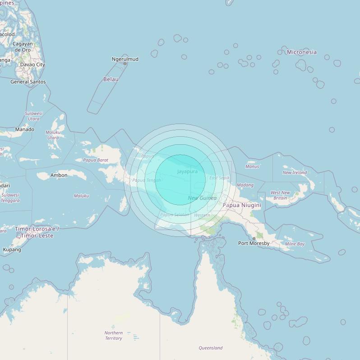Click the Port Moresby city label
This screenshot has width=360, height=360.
pyautogui.click(x=254, y=243)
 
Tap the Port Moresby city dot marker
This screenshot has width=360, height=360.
pyautogui.click(x=254, y=238)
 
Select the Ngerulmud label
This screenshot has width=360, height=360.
pyautogui.click(x=125, y=59)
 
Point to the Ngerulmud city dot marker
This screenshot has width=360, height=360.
pyautogui.click(x=125, y=64)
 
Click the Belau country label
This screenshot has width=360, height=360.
pyautogui.click(x=111, y=79)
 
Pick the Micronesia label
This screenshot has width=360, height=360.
pyautogui.click(x=302, y=52)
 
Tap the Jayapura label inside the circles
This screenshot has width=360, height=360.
pyautogui.click(x=187, y=171)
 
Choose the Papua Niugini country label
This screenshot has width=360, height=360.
pyautogui.click(x=242, y=205)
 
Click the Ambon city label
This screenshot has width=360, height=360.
pyautogui.click(x=59, y=175)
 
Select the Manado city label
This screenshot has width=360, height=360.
pyautogui.click(x=24, y=129)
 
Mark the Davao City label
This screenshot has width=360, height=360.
pyautogui.click(x=32, y=65)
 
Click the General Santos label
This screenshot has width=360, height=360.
pyautogui.click(x=28, y=82)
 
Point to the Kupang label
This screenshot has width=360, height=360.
pyautogui.click(x=12, y=249)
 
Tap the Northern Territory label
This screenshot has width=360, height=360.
pyautogui.click(x=114, y=335)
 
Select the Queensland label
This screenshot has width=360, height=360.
pyautogui.click(x=211, y=348)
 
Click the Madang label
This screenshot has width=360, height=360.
pyautogui.click(x=245, y=185)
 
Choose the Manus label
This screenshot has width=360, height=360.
pyautogui.click(x=252, y=166)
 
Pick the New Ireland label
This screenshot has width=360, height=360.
pyautogui.click(x=295, y=172)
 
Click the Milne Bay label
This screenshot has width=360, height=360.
pyautogui.click(x=295, y=244)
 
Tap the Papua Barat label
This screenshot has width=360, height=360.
pyautogui.click(x=96, y=160)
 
